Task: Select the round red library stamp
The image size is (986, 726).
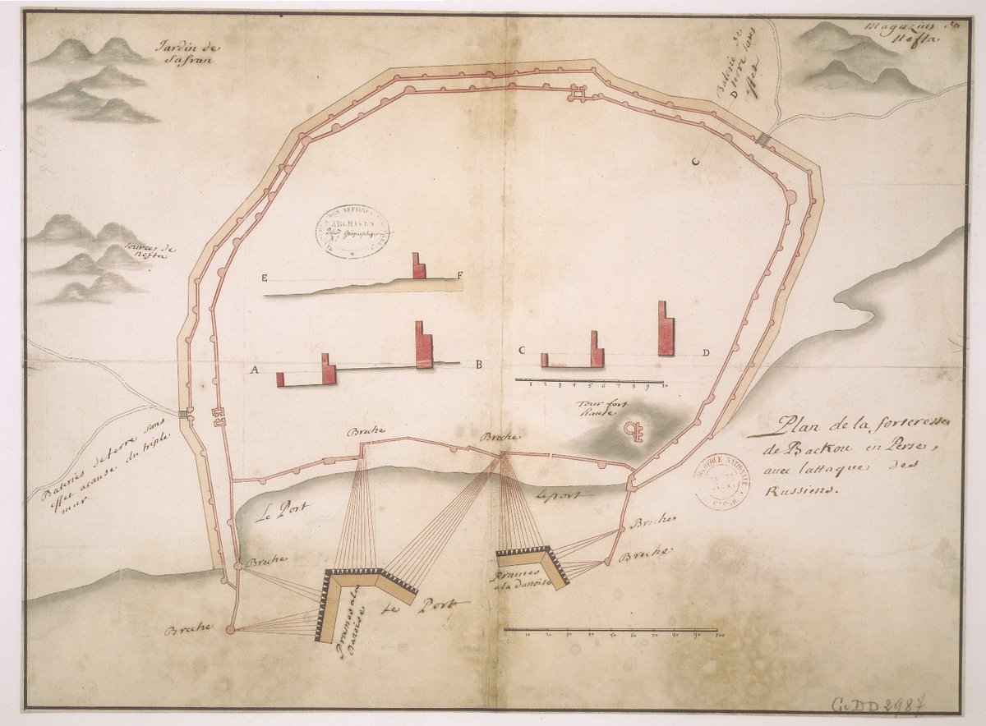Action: pyautogui.click(x=722, y=483)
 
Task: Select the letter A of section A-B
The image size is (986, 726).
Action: pyautogui.click(x=255, y=371)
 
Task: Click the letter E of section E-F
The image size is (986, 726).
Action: pyautogui.click(x=265, y=278)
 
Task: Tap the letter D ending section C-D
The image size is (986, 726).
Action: pyautogui.click(x=707, y=353)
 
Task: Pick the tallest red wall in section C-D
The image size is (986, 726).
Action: pyautogui.click(x=666, y=329)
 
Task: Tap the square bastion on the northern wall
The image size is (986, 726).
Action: pyautogui.click(x=580, y=95)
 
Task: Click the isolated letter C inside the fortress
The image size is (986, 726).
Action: pyautogui.click(x=695, y=162)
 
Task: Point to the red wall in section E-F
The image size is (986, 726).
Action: pyautogui.click(x=418, y=266)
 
